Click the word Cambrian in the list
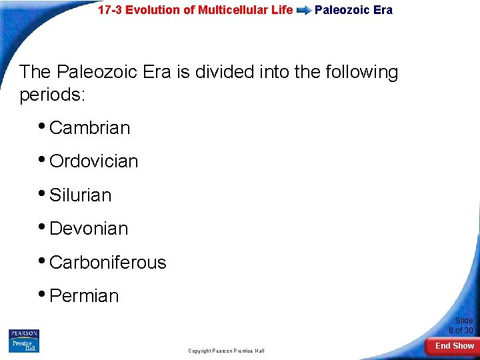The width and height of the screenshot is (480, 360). click(89, 128)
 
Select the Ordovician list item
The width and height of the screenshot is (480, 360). click(93, 161)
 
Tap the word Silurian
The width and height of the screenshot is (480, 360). click(80, 195)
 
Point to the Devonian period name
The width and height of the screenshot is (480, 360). click(89, 229)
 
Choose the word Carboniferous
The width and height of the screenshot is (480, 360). click(107, 263)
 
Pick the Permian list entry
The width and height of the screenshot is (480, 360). click(84, 296)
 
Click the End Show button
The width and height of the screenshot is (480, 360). click(454, 346)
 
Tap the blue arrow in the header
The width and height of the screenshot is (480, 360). click(304, 11)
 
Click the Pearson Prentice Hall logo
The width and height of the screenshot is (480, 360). click(24, 341)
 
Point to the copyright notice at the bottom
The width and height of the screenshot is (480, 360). click(226, 351)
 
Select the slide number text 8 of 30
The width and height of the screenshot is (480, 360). click(461, 331)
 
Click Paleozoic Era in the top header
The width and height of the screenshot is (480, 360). click(353, 10)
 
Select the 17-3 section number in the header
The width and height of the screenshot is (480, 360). click(110, 10)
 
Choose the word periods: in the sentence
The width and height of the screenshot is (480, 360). click(53, 95)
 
